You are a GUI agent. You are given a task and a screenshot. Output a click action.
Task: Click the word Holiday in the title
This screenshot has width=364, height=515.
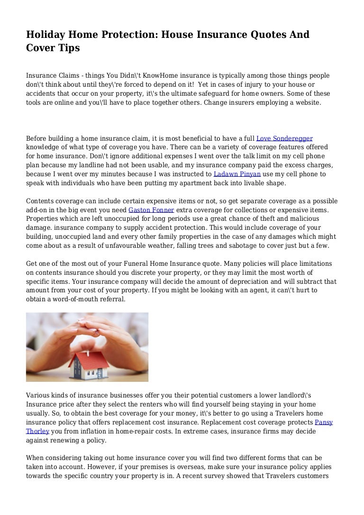pos(45,35)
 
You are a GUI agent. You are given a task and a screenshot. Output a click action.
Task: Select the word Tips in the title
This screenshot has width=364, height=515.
pos(68,48)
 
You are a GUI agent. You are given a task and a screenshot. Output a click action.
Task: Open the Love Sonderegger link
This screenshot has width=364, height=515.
pos(284,138)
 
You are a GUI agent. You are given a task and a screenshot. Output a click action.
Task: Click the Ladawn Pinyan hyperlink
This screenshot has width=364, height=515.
pos(237,174)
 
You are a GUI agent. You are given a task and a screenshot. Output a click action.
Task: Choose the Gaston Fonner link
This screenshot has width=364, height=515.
pos(151,209)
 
